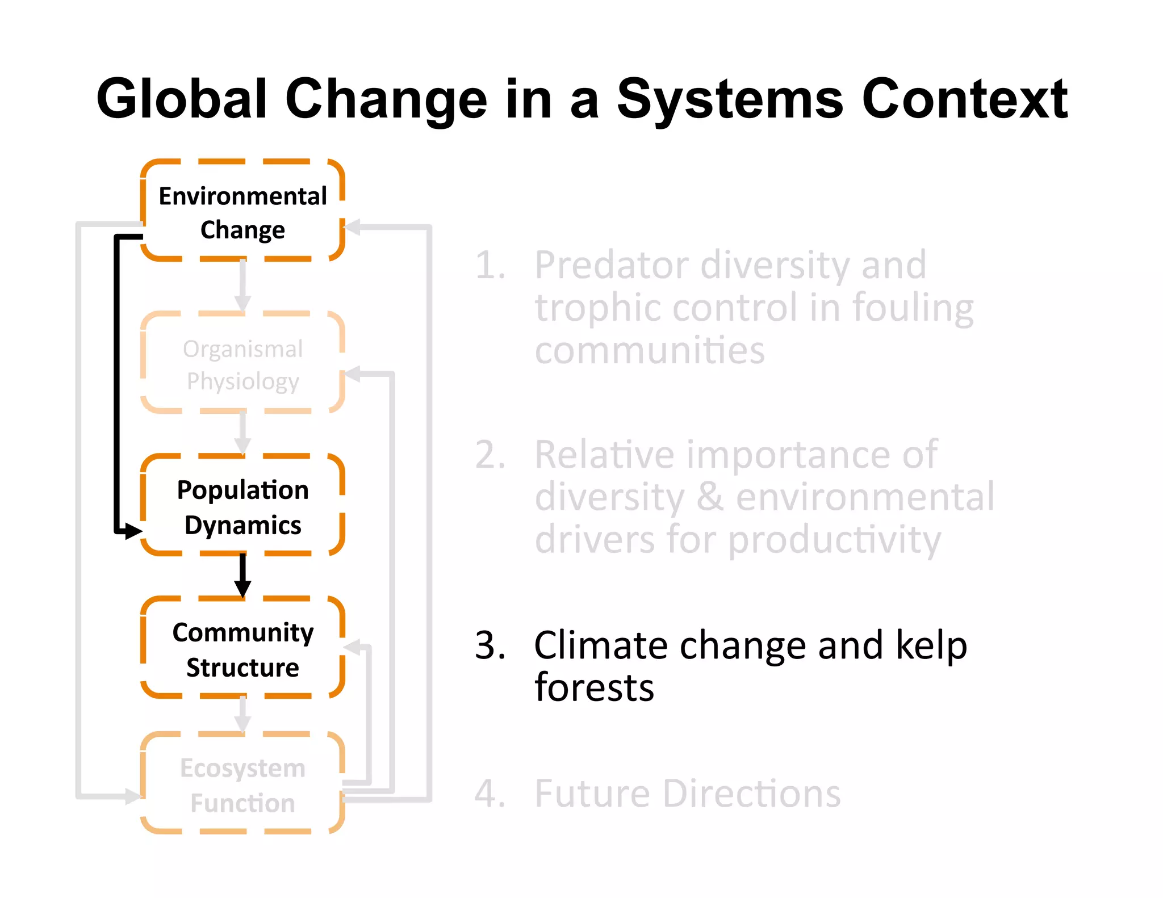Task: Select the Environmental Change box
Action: click(x=242, y=212)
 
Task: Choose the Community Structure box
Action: click(x=242, y=649)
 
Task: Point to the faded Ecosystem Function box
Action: click(x=242, y=785)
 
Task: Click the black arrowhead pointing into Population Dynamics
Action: click(x=133, y=531)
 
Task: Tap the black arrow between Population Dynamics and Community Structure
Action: click(x=242, y=575)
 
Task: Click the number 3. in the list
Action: click(x=490, y=646)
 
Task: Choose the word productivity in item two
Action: click(x=834, y=540)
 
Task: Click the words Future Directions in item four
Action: click(x=687, y=794)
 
